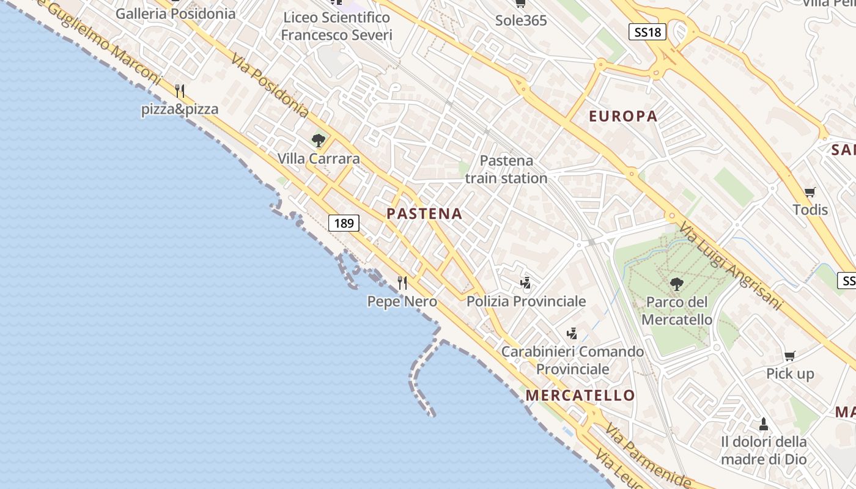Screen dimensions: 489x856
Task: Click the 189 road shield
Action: tap(344, 223)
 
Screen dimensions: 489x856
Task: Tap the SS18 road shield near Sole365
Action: tap(647, 32)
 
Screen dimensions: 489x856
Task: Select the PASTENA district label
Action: tap(424, 214)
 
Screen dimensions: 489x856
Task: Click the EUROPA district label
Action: tap(623, 116)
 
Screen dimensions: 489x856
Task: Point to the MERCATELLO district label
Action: tap(580, 395)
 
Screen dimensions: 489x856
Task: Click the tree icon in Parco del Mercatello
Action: tap(676, 284)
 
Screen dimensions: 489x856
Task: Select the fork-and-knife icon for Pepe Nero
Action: tap(402, 283)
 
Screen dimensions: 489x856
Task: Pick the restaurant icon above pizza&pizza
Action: tap(180, 92)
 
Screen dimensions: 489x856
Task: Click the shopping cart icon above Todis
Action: tap(810, 193)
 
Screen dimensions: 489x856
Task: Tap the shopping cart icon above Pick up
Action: tap(790, 356)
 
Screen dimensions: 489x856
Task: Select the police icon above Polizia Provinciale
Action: tap(525, 283)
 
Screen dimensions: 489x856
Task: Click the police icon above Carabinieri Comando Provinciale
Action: tap(572, 334)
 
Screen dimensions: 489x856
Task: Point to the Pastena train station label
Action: tap(506, 169)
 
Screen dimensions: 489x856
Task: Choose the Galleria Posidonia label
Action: tap(175, 13)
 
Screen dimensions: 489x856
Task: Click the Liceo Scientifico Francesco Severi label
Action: tap(336, 26)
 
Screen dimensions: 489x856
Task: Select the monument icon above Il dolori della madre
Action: tap(763, 424)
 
